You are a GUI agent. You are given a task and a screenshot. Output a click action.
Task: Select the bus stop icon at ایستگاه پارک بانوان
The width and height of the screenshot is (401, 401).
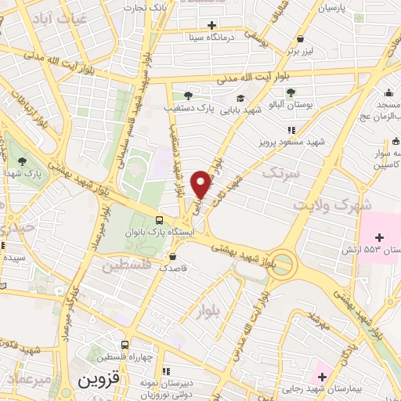160,220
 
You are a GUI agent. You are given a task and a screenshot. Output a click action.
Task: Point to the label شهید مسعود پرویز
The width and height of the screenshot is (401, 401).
292,144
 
